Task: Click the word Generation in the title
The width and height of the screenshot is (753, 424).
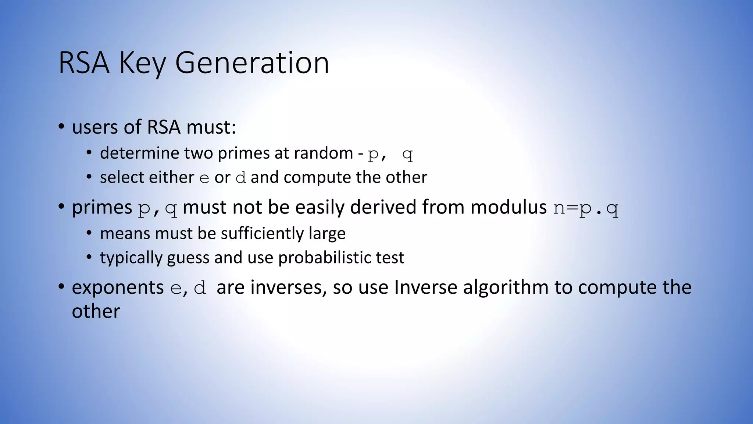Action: tap(252, 63)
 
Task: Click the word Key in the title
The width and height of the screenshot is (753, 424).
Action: tap(142, 64)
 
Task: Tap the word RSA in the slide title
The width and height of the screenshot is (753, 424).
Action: tap(84, 63)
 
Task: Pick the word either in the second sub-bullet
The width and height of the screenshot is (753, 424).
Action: tap(171, 177)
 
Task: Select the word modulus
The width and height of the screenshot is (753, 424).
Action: tap(508, 207)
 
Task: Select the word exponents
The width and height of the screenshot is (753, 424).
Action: tap(118, 288)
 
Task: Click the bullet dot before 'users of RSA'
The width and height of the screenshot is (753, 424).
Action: tap(61, 127)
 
